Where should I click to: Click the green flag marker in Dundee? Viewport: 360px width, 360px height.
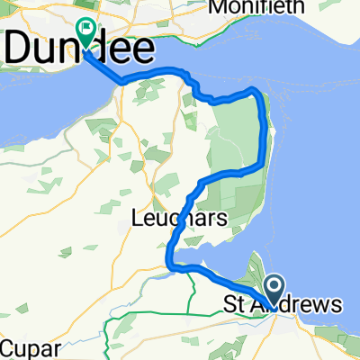pos(86,33)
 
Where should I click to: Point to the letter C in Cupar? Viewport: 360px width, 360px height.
pos(7,348)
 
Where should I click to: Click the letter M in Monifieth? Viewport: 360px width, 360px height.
pos(216,7)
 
